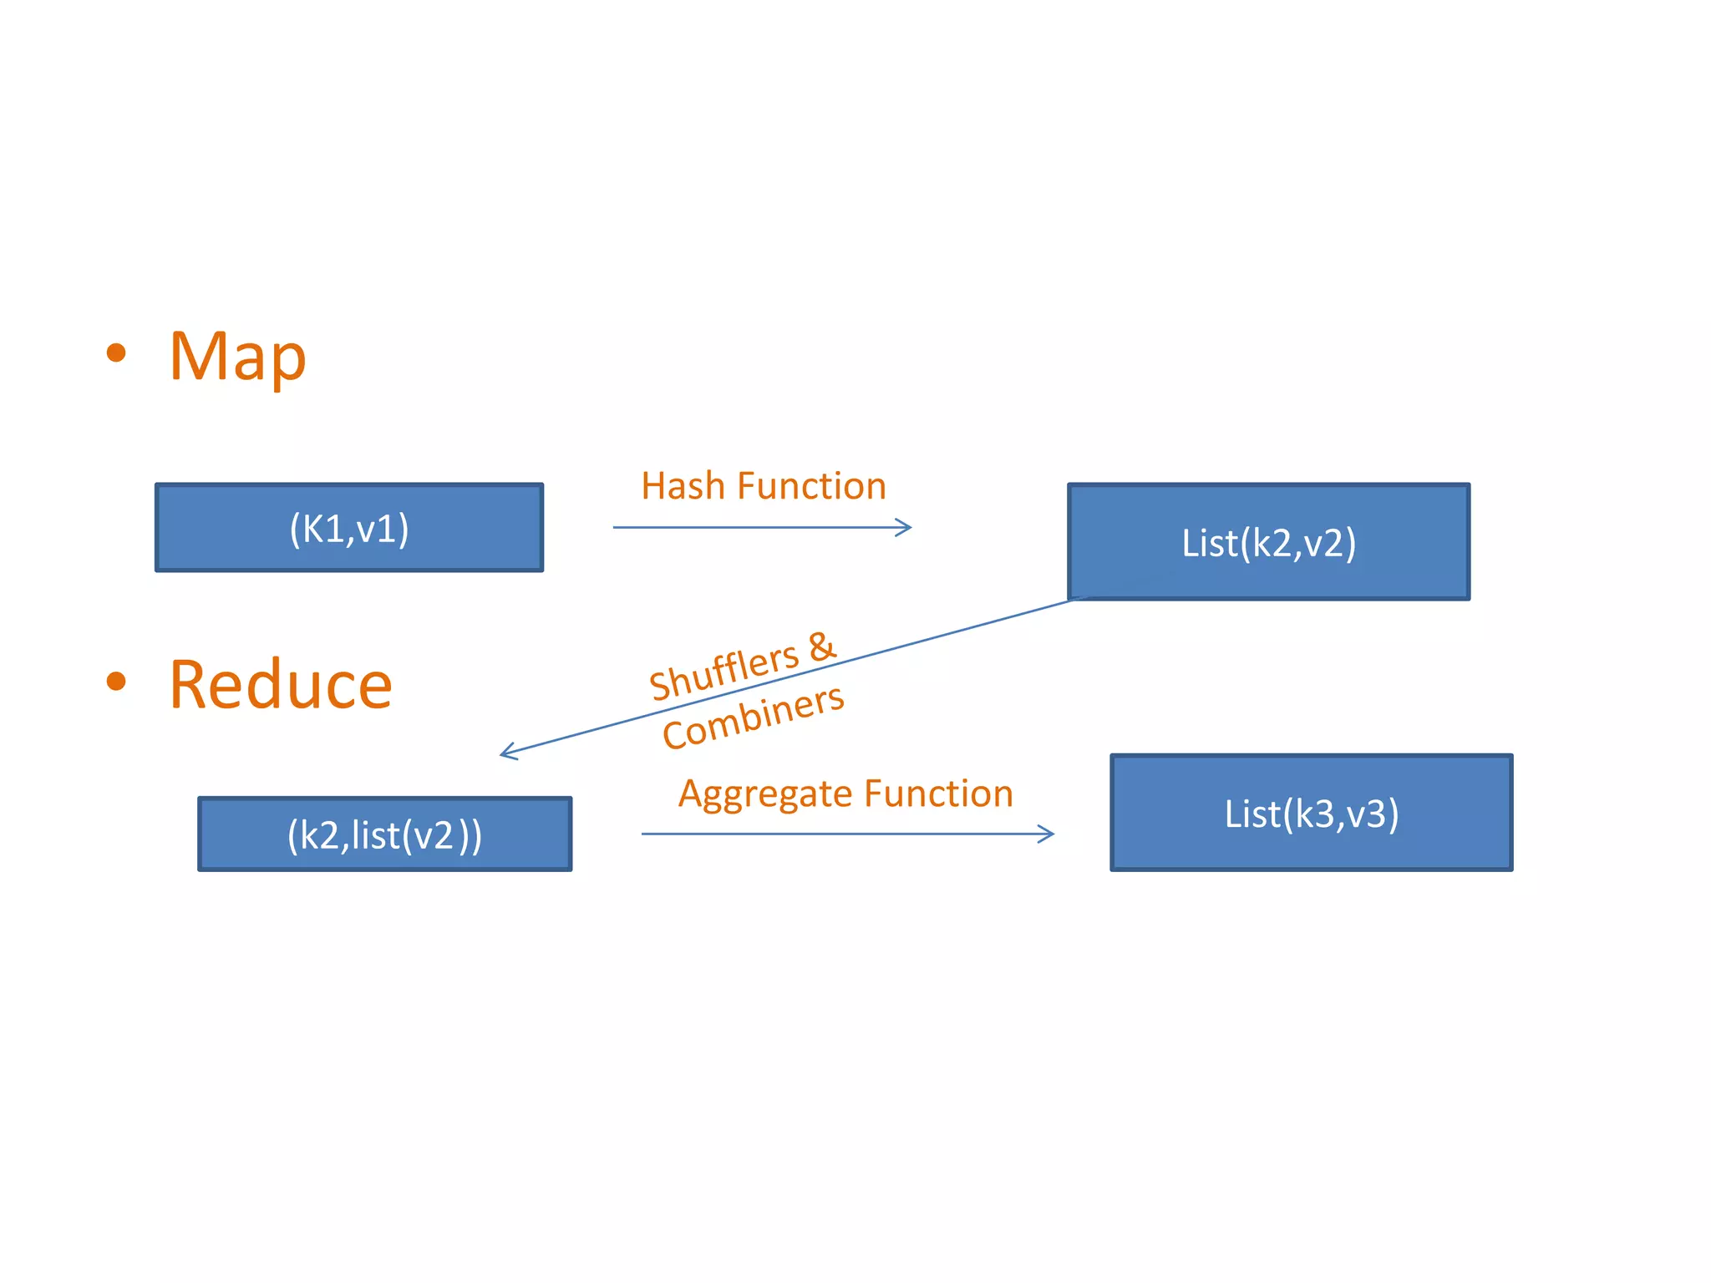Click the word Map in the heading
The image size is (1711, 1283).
click(x=238, y=357)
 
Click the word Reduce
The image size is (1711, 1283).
click(x=281, y=685)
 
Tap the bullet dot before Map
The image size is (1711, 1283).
click(x=116, y=352)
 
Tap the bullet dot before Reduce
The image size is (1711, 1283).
click(x=116, y=681)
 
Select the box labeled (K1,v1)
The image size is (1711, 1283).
click(x=349, y=528)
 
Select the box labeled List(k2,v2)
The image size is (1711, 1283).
click(x=1268, y=542)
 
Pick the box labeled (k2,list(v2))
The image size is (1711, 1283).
click(x=384, y=834)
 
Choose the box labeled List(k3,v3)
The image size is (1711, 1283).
click(x=1311, y=814)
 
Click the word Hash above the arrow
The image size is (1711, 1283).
click(x=683, y=486)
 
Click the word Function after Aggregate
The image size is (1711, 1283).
click(x=938, y=794)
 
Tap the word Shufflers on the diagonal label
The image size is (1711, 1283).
click(x=723, y=672)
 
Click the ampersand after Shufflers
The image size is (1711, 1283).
click(x=822, y=645)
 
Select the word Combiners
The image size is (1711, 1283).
click(x=753, y=717)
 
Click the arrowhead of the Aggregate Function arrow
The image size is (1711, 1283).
click(x=1048, y=834)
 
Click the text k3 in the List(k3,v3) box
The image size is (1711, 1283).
click(x=1314, y=814)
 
